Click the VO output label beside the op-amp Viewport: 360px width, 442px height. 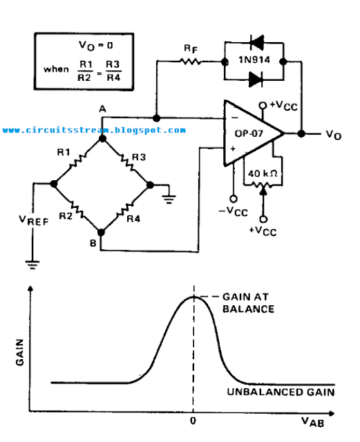[x=334, y=135]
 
